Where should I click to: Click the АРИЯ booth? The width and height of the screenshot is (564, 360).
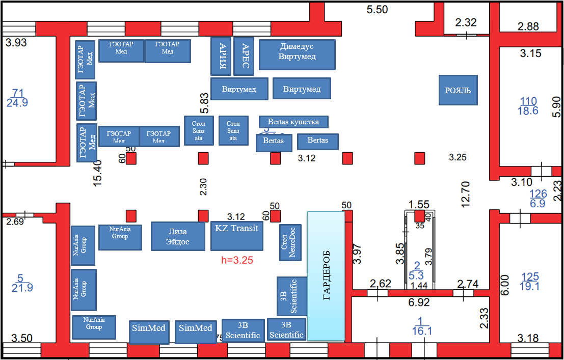(221, 56)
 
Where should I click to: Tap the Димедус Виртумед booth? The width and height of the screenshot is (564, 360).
(297, 54)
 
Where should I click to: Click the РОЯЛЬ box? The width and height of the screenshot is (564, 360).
(458, 90)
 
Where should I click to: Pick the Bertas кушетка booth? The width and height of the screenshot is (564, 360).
(293, 122)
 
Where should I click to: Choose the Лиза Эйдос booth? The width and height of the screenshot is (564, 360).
(178, 236)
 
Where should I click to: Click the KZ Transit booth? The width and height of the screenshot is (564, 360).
(237, 236)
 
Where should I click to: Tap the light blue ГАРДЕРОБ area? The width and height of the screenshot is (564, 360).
(327, 276)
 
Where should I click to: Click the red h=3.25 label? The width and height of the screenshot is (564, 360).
(237, 260)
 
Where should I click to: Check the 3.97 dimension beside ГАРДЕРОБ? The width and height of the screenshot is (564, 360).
(357, 254)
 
